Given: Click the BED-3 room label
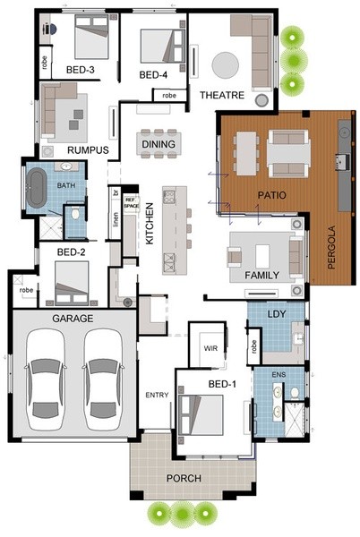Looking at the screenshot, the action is click(81, 70).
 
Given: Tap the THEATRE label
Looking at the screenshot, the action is click(222, 95).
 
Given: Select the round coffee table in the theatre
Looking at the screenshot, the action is click(225, 64).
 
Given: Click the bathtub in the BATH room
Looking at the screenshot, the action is click(37, 187).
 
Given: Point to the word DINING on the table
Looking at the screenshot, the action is click(159, 144).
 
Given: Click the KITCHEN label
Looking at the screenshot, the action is click(150, 223).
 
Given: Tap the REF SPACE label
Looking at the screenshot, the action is click(131, 203).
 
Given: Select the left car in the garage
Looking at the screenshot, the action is click(45, 379).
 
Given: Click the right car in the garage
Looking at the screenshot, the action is click(103, 379).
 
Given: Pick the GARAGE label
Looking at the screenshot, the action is click(73, 319).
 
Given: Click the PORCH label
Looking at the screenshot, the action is click(184, 478).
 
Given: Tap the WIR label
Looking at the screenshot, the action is click(210, 348).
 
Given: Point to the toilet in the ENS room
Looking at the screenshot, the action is click(295, 393).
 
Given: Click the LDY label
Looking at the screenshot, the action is click(277, 314).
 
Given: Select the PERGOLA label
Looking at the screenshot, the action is click(331, 247).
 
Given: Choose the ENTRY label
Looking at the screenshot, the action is click(157, 396).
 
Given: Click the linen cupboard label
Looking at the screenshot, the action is click(116, 219).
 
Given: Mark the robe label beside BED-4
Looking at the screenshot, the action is click(169, 95).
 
